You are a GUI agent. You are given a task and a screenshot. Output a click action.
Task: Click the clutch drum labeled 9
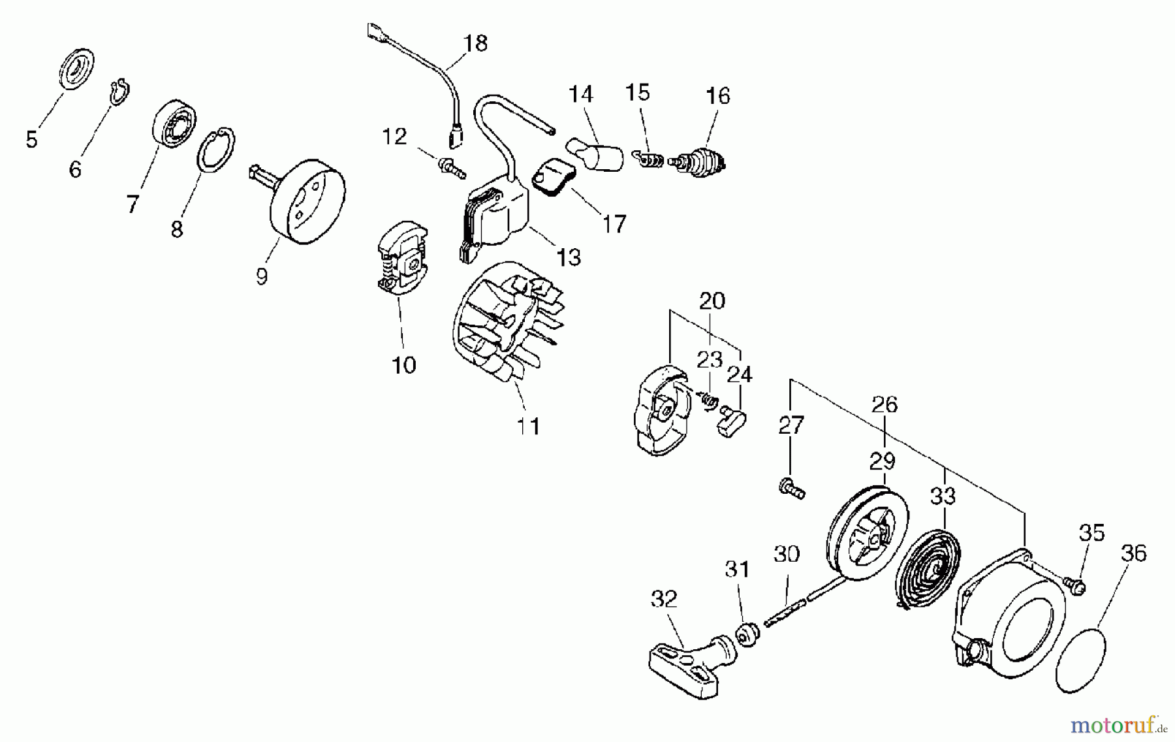[x=307, y=202]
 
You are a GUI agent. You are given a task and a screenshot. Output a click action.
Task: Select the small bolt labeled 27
[x=791, y=488]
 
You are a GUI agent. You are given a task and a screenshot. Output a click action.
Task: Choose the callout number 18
[x=475, y=43]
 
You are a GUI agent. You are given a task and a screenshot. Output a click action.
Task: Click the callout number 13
[x=569, y=257]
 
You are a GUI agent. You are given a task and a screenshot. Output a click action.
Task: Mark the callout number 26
[x=885, y=404]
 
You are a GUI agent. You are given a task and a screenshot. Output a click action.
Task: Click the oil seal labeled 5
[x=77, y=68]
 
